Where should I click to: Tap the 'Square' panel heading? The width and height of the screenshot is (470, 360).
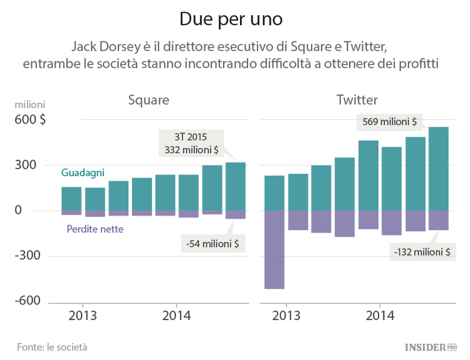click(149, 100)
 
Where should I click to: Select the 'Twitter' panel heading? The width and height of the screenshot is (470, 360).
click(357, 100)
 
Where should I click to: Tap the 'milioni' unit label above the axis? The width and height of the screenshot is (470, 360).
click(30, 104)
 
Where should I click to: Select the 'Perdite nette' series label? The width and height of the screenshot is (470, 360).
click(95, 230)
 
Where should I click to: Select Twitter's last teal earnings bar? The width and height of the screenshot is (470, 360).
click(438, 169)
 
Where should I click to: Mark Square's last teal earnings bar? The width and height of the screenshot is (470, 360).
click(236, 186)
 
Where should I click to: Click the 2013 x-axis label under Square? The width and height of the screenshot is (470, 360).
click(81, 315)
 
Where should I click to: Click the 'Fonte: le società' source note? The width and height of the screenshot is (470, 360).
click(52, 346)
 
